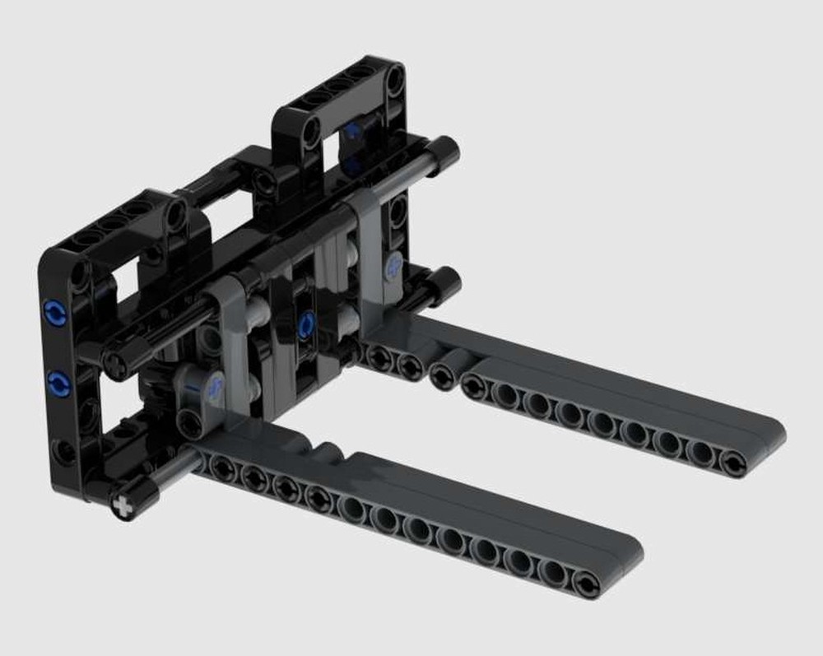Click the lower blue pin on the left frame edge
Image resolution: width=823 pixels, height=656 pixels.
58,383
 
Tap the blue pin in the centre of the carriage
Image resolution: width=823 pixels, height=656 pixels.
307,324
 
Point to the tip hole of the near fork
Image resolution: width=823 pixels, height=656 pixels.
586,584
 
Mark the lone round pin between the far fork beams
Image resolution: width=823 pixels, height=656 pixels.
444,375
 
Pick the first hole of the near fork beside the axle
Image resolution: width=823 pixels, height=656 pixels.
221,468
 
